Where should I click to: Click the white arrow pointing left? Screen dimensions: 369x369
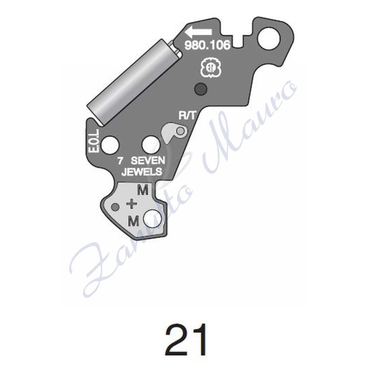pos(198,33)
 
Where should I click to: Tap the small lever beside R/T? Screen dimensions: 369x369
pos(174,132)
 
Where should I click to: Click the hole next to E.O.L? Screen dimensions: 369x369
pos(110,145)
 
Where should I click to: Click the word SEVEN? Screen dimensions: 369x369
pos(146,161)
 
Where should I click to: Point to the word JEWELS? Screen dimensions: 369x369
pos(141,173)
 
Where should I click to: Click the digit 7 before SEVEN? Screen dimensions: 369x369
pos(120,161)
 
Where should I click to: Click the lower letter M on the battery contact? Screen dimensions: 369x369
pos(134,221)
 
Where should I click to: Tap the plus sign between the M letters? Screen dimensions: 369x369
pos(132,203)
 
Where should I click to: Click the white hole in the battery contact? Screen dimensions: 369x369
pos(152,219)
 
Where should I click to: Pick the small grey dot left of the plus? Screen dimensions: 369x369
pos(116,206)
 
